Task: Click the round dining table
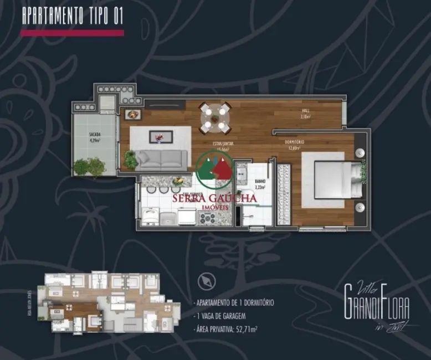click(x=215, y=118)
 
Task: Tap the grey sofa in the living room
click(x=162, y=160)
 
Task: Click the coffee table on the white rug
click(x=160, y=137)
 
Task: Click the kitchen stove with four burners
click(x=207, y=217)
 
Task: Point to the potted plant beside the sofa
click(x=131, y=160)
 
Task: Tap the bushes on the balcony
click(x=89, y=166)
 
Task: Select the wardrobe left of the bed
click(x=284, y=194)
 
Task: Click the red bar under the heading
click(x=72, y=33)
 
